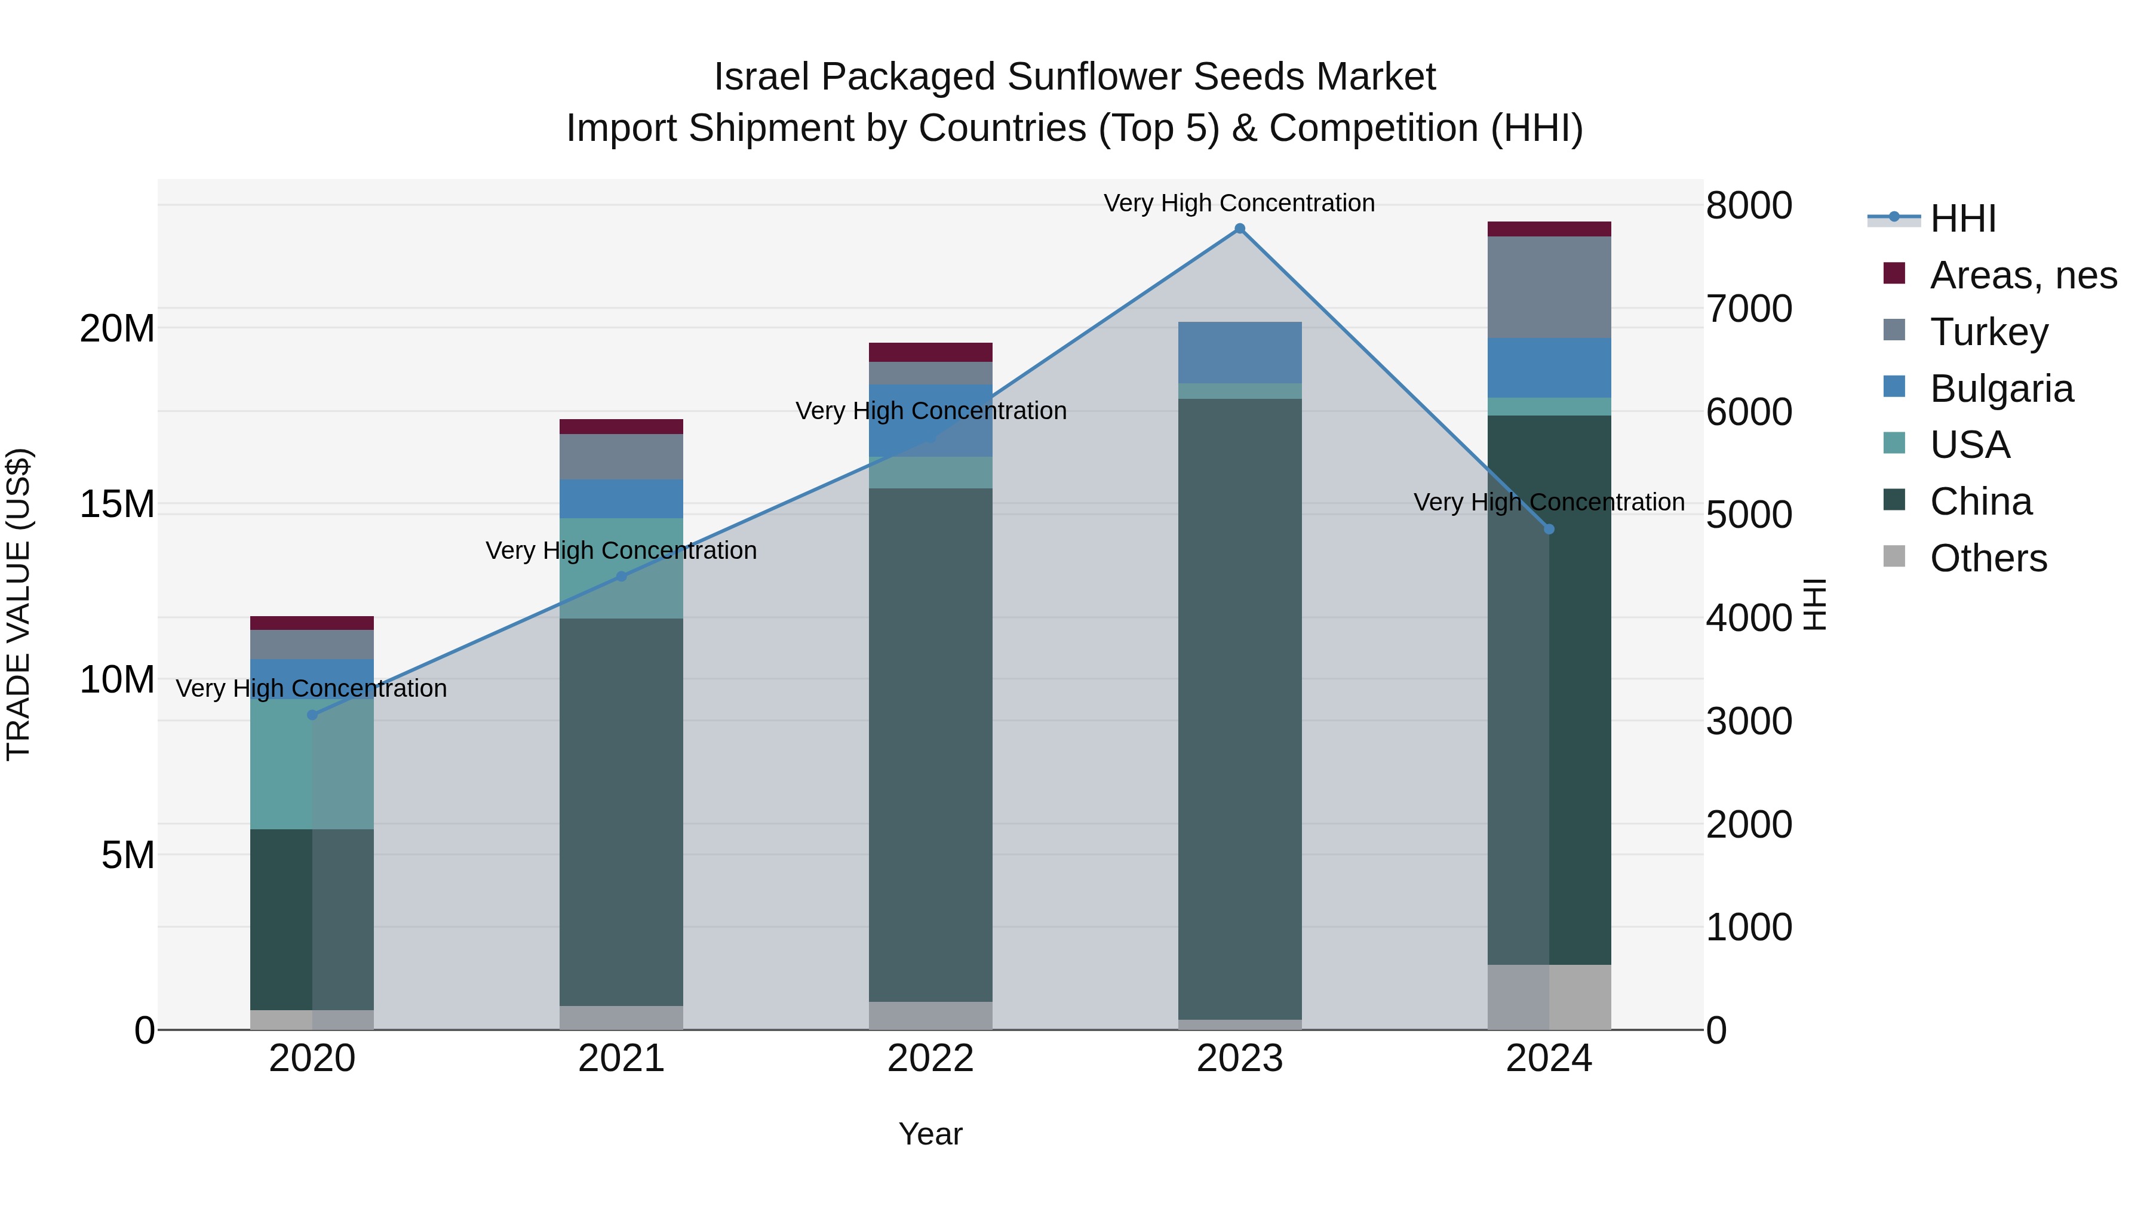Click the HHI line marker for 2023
pyautogui.click(x=1239, y=229)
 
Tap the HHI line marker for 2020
pyautogui.click(x=312, y=715)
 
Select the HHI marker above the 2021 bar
pyautogui.click(x=621, y=577)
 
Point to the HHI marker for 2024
pyautogui.click(x=1549, y=529)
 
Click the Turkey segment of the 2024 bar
pyautogui.click(x=1549, y=287)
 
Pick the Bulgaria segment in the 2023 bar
pyautogui.click(x=1239, y=352)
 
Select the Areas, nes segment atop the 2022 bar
pyautogui.click(x=930, y=352)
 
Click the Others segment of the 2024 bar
pyautogui.click(x=1549, y=997)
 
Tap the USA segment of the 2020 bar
pyautogui.click(x=312, y=764)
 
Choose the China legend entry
pyautogui.click(x=1980, y=502)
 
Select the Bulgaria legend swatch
pyautogui.click(x=1894, y=387)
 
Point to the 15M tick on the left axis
pyautogui.click(x=117, y=504)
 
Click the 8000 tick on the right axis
pyautogui.click(x=1749, y=205)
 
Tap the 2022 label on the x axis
pyautogui.click(x=930, y=1059)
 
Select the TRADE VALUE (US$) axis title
pyautogui.click(x=19, y=604)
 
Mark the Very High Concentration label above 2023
pyautogui.click(x=1239, y=203)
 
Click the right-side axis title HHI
pyautogui.click(x=1814, y=604)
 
